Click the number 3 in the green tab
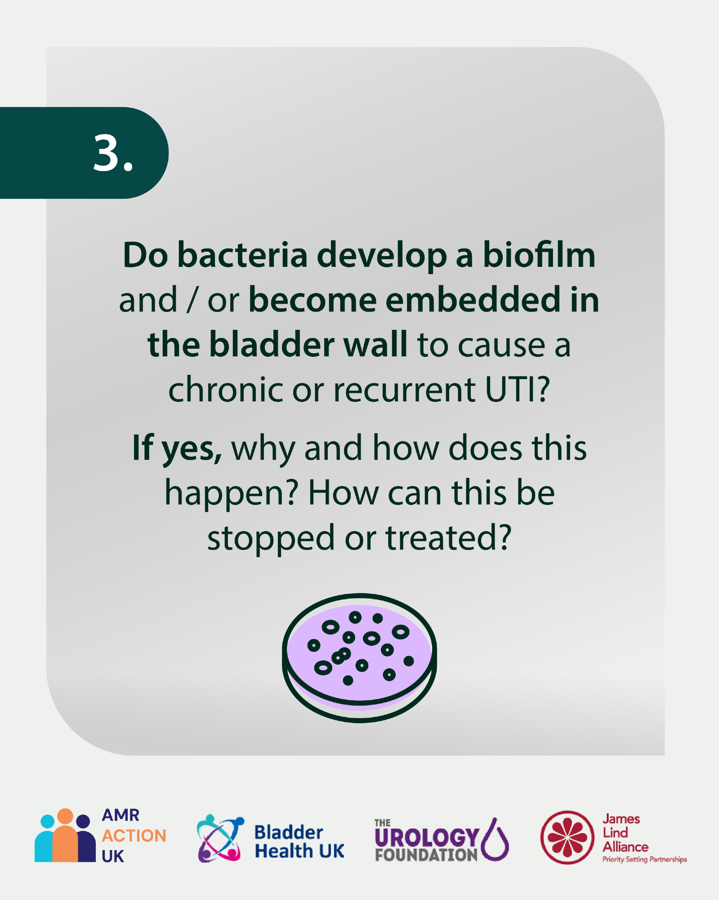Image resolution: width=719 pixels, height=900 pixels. (x=107, y=153)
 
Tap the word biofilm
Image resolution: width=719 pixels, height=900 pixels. (x=539, y=255)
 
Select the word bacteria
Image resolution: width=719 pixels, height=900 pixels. (x=242, y=255)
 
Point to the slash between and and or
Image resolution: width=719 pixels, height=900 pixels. (x=192, y=300)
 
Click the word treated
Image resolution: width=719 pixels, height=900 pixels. (x=449, y=538)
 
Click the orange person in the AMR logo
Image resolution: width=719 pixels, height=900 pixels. (x=65, y=836)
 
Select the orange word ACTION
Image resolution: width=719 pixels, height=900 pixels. (x=134, y=836)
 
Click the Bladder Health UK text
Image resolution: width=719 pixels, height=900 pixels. (x=299, y=842)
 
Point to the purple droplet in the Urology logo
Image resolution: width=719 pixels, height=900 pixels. (x=495, y=840)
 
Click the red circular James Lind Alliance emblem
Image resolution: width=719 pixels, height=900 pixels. (x=567, y=837)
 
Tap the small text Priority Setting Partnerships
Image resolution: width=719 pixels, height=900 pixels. (x=645, y=859)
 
